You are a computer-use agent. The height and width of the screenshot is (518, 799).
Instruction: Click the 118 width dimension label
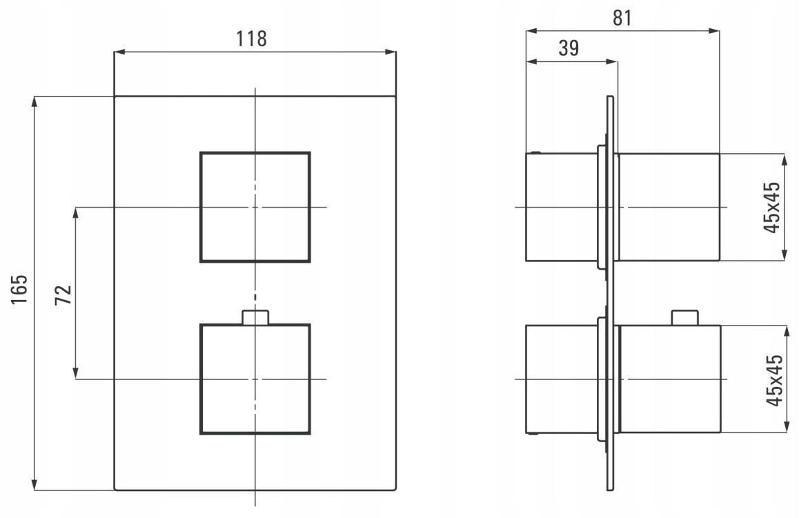pos(251,39)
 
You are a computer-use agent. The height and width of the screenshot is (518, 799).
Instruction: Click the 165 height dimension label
pos(19,290)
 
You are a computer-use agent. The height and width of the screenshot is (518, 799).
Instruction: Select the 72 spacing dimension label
pos(63,295)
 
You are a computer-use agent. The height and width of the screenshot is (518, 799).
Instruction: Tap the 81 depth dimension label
pos(622,18)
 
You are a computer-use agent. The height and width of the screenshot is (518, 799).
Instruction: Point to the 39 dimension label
pos(569,48)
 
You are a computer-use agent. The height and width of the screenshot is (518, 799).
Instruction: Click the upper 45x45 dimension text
pos(773,208)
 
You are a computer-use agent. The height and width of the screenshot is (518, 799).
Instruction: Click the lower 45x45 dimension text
pos(775,380)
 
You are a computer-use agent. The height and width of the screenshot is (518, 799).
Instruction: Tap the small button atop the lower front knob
pos(255,317)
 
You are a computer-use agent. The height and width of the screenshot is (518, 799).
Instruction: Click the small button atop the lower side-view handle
pos(685,318)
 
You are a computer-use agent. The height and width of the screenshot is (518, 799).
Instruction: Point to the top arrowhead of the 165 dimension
pos(34,101)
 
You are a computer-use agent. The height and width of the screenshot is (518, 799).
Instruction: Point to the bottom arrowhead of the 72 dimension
pos(76,374)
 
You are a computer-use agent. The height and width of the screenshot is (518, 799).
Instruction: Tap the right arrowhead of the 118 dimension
pos(391,52)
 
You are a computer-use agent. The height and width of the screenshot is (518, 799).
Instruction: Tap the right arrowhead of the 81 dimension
pos(714,31)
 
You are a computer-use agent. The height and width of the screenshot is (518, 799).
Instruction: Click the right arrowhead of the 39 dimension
pos(612,62)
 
